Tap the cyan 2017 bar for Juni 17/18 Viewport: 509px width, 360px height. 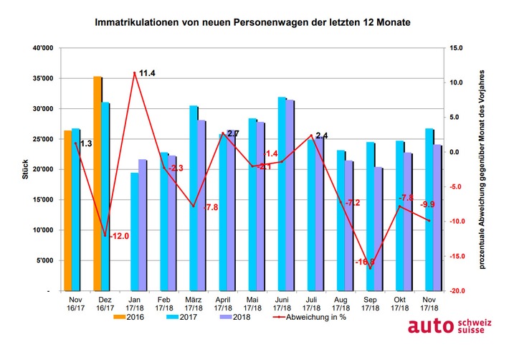tap(282, 194)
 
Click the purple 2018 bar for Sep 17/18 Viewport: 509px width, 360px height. tap(379, 229)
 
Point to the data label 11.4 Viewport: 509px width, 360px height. tap(147, 73)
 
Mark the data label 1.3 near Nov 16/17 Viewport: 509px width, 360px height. tap(85, 144)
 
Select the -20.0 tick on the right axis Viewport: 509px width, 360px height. tap(457, 292)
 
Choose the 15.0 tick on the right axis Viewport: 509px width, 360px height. tap(457, 48)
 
